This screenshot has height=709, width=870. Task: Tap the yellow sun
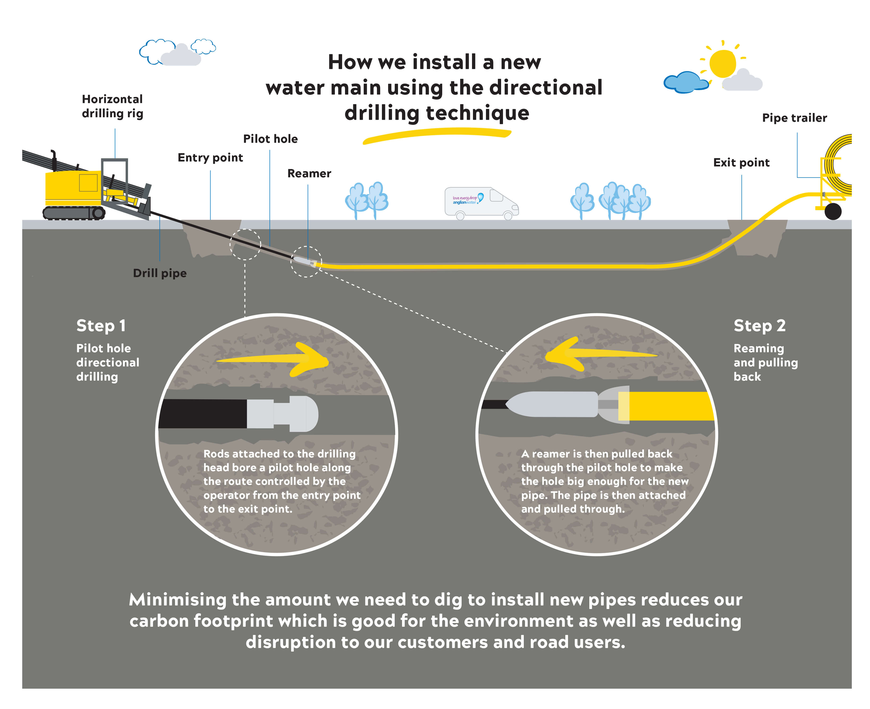tap(722, 63)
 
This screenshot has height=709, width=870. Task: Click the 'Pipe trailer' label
tap(794, 118)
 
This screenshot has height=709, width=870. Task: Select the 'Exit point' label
tap(741, 163)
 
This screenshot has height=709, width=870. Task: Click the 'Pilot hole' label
tap(270, 139)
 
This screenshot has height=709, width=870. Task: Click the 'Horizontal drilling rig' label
tap(112, 106)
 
